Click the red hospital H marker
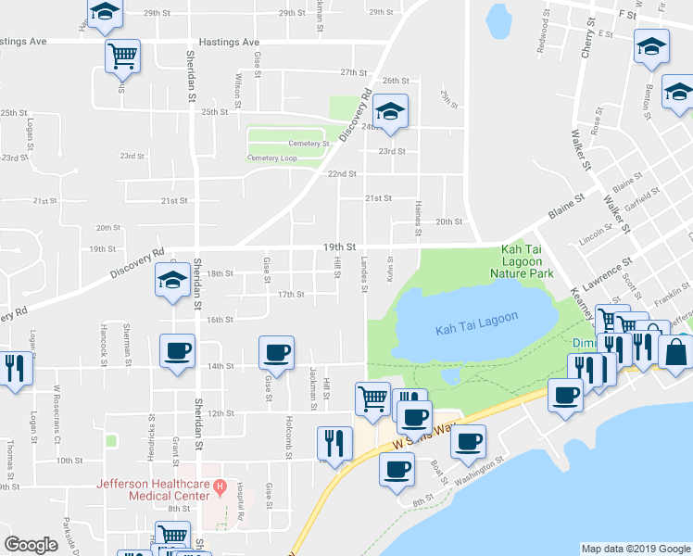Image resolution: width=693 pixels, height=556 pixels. [220, 486]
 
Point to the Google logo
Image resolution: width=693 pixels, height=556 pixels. [31, 545]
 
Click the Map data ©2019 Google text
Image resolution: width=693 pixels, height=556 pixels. [635, 549]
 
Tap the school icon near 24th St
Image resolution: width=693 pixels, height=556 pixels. [391, 111]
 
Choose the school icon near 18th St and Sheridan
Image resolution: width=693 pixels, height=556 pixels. [171, 283]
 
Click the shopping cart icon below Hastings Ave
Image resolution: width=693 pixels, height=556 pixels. [122, 55]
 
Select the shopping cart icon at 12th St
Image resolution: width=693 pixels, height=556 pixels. [372, 398]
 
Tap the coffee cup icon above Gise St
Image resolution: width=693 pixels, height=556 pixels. [276, 351]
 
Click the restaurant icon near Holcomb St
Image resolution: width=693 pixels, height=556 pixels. [334, 442]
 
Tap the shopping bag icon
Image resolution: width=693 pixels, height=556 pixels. [675, 351]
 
